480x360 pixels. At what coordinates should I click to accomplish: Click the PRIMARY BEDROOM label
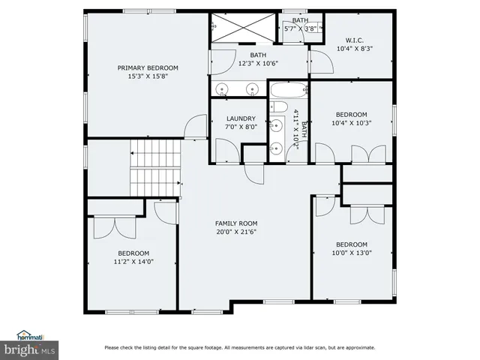(147, 68)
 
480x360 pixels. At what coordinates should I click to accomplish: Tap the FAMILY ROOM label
(236, 223)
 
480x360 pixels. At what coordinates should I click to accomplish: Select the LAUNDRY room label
(241, 118)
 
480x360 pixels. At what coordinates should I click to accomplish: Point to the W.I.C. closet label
(355, 40)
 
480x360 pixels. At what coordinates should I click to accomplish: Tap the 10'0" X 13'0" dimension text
(351, 253)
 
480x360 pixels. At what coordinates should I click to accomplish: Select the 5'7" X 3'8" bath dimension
(300, 28)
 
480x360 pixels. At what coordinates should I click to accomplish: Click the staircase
(155, 169)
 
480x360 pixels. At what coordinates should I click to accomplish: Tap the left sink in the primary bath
(223, 89)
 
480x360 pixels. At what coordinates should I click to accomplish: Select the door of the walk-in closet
(319, 61)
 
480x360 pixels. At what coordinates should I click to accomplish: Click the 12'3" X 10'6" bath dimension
(258, 63)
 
